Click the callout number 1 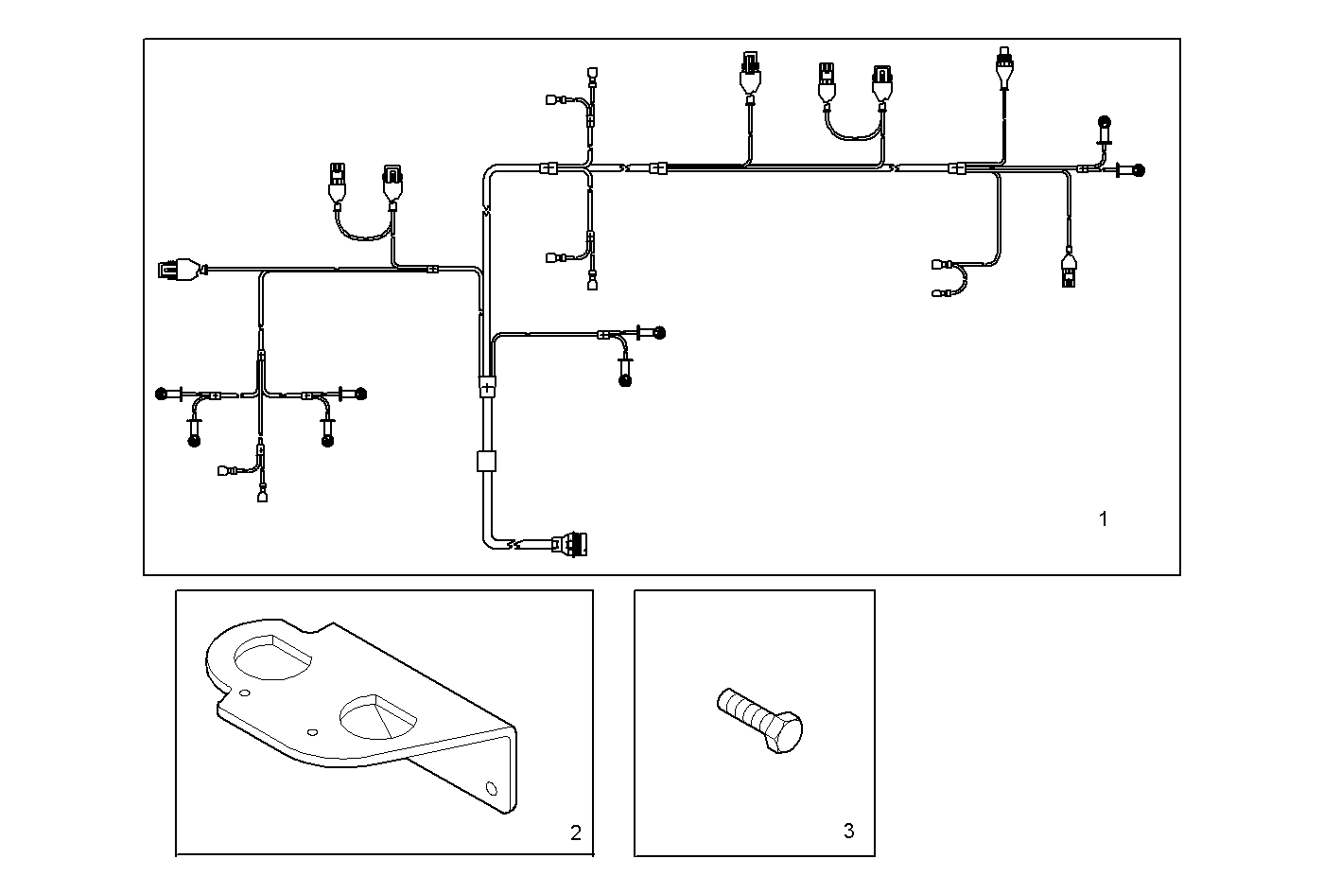(x=1103, y=518)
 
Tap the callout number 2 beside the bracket (x=575, y=833)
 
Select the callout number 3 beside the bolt (x=848, y=831)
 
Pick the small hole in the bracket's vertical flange (x=490, y=786)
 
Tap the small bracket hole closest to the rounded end (x=245, y=693)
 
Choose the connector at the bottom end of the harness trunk (x=573, y=545)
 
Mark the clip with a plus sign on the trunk (x=487, y=387)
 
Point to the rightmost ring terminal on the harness (x=1138, y=170)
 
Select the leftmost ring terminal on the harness (x=162, y=394)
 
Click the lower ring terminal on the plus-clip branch (x=624, y=381)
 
